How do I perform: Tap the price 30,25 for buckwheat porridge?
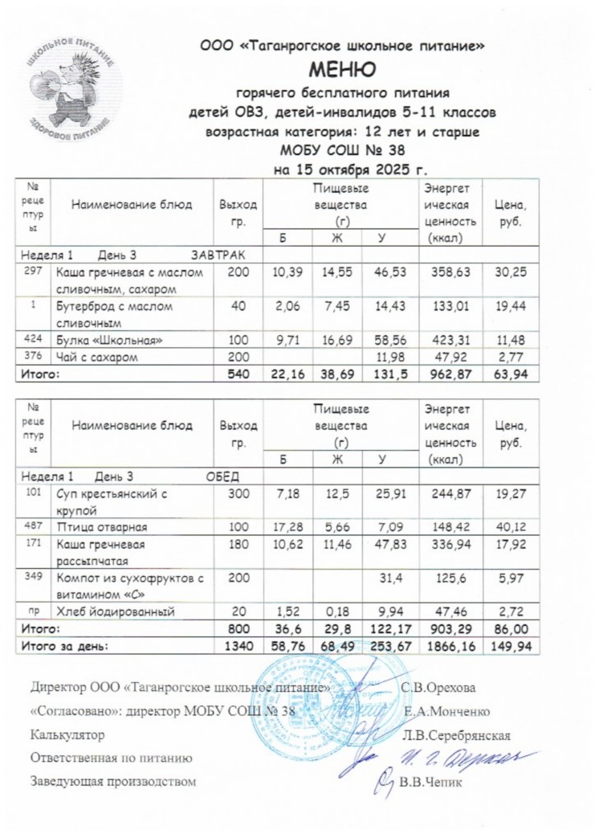click(511, 274)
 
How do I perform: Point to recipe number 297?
click(31, 273)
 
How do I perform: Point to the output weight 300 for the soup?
click(238, 495)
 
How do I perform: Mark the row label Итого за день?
click(64, 645)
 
